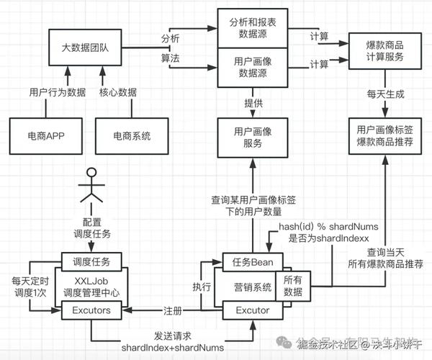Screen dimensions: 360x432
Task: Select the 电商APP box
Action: (45, 135)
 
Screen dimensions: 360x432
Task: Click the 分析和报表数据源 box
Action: (253, 27)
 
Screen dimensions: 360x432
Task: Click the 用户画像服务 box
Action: (253, 137)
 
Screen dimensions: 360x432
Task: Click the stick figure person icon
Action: (91, 186)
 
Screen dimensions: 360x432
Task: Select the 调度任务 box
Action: (91, 261)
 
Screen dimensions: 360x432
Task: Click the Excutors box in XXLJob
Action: (91, 310)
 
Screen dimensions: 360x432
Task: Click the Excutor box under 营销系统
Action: (253, 310)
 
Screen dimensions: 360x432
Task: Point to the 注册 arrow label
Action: (173, 310)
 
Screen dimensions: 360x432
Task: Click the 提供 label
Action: (253, 103)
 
